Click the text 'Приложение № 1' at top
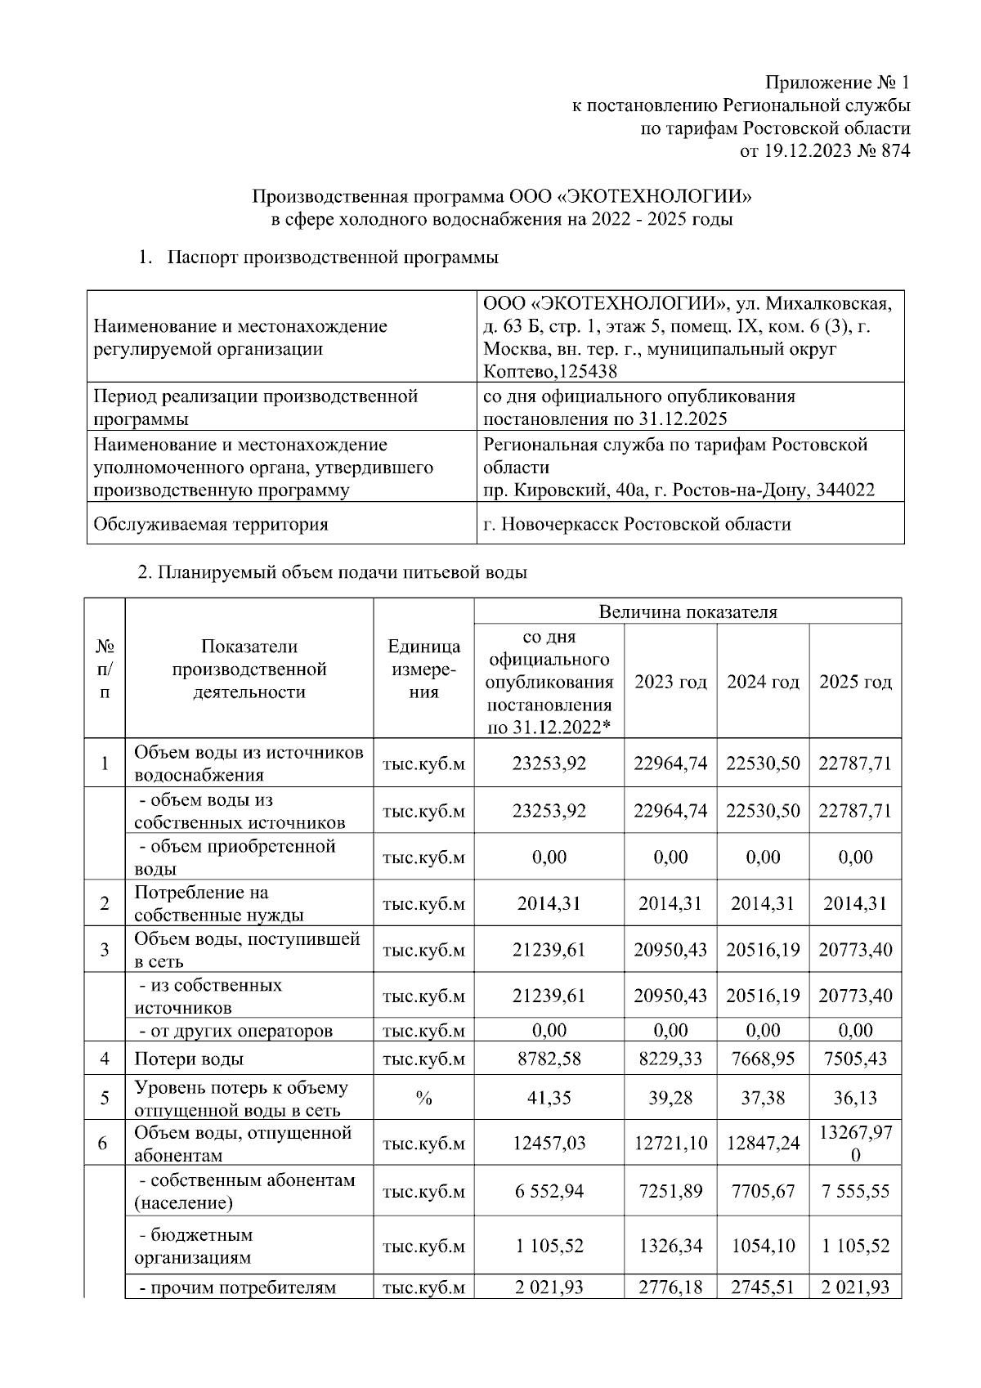pos(836,83)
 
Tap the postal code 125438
pos(588,372)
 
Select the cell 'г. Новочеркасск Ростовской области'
pos(637,524)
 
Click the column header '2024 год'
pos(763,682)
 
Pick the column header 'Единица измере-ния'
pos(423,669)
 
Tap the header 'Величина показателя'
pos(688,611)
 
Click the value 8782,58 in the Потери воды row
pos(549,1059)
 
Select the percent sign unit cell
pos(423,1099)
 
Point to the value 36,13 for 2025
pos(855,1099)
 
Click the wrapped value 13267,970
pos(855,1143)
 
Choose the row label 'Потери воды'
pos(189,1059)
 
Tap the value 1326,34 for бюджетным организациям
pos(670,1247)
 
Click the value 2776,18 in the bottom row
pos(670,1288)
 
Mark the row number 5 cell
pos(105,1099)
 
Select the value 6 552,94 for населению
pos(549,1192)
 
